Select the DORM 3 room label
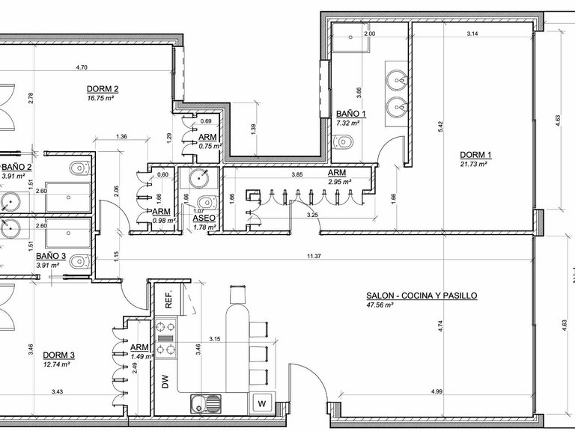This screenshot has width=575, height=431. [58, 355]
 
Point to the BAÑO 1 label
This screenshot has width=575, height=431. [351, 114]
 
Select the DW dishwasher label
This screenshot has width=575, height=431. [165, 382]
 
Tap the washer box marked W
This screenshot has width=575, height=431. [262, 403]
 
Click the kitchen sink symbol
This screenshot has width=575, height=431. [206, 403]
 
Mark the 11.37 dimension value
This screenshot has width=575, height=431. [314, 257]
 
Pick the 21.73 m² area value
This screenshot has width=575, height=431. [474, 164]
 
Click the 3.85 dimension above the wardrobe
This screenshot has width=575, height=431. [296, 174]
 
